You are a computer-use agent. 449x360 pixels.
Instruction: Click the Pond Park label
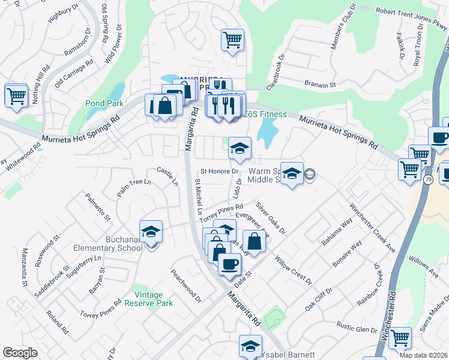[x=104, y=103]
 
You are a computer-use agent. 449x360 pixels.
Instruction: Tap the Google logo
[x=20, y=353]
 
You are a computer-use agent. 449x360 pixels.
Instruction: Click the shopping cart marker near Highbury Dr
[x=16, y=95]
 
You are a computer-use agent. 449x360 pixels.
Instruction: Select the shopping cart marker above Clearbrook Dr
[x=232, y=40]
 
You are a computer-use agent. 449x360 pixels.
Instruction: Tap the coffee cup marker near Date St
[x=229, y=264]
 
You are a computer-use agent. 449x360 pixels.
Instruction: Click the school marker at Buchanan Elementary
[x=151, y=232]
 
